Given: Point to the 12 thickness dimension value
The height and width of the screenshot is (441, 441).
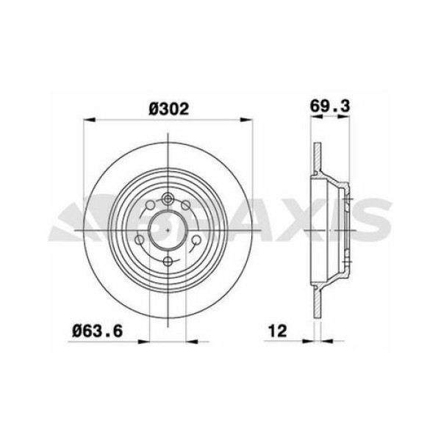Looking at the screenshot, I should coord(276,331).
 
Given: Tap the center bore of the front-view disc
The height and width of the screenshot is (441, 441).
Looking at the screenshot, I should coord(168,229).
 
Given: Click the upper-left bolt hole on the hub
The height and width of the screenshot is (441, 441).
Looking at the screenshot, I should coord(149,205).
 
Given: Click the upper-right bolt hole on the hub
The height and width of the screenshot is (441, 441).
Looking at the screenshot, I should coord(187,205).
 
